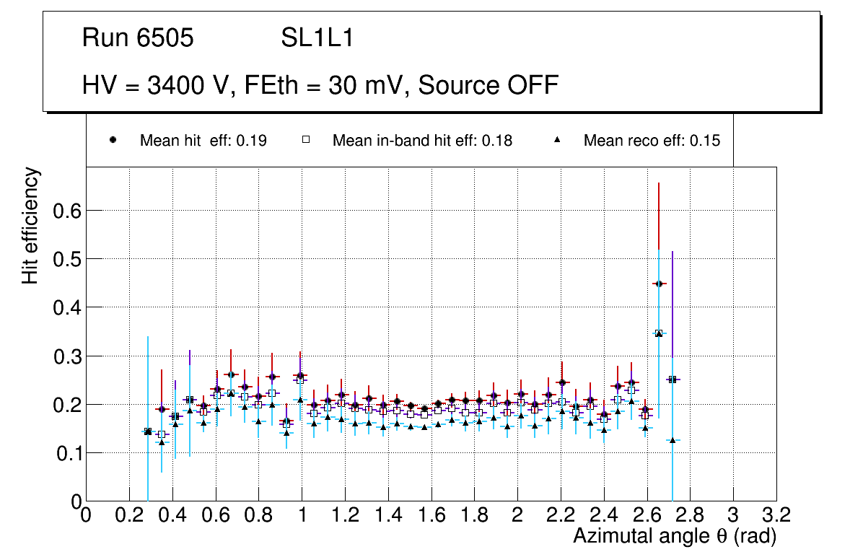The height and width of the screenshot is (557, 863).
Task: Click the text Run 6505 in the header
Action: pos(138,38)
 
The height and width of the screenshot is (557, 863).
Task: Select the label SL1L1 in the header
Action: pos(317,38)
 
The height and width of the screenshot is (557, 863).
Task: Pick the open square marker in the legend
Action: pos(305,141)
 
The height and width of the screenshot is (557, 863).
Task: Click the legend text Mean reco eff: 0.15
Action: pos(651,141)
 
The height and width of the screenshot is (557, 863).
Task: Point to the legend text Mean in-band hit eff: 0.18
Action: pos(422,141)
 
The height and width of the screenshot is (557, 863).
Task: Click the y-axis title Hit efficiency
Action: pos(30,225)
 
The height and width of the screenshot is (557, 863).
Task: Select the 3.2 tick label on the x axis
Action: pos(776,515)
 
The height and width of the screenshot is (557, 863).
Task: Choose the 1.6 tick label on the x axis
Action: pos(431,515)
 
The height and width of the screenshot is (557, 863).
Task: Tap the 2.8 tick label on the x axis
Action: pos(690,515)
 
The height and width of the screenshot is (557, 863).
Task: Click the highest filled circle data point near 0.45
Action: pos(658,284)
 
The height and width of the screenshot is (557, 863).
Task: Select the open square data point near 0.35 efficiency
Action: pos(658,333)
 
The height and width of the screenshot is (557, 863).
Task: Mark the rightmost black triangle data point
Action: pos(672,440)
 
